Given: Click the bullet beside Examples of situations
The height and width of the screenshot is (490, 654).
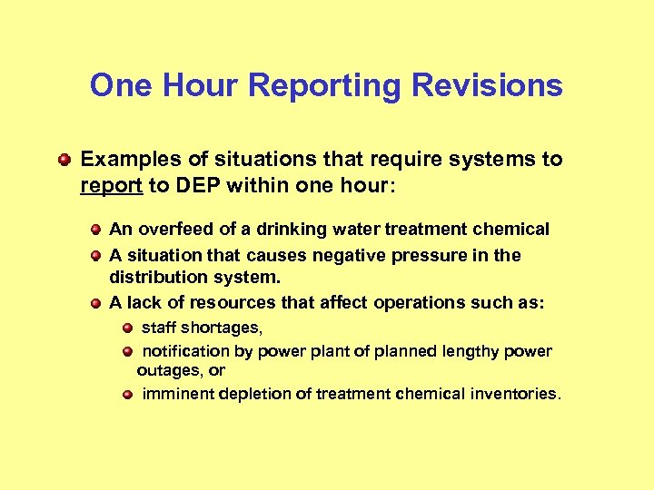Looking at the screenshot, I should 64,160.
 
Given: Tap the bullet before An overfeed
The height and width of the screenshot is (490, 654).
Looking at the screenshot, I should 95,230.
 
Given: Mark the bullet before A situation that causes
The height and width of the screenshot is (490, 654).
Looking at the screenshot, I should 95,256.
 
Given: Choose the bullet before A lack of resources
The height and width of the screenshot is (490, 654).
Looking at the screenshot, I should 95,303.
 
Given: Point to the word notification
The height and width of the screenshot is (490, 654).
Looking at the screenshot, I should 186,351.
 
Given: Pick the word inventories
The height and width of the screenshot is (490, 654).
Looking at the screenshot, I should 517,395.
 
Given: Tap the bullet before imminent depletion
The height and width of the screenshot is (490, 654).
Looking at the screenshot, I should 129,395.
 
